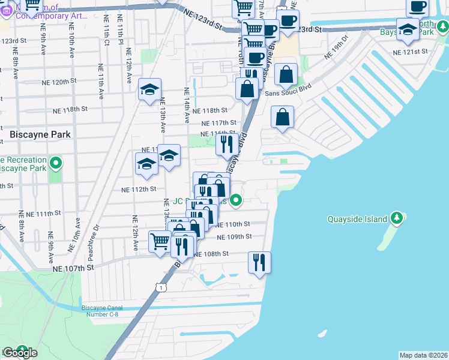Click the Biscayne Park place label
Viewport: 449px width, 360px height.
coord(41,135)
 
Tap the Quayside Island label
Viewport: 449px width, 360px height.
coord(357,219)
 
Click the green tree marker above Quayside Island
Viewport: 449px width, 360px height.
coord(397,217)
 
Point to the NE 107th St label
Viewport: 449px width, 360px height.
coord(73,269)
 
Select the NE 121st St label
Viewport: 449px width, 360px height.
coord(409,52)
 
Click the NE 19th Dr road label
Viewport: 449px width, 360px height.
coord(336,47)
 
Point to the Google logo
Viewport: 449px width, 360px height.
coord(20,353)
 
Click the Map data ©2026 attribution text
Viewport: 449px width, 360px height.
coord(423,355)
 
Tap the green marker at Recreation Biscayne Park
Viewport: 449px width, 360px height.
coord(56,163)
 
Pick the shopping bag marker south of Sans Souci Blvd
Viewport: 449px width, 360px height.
coord(282,117)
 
